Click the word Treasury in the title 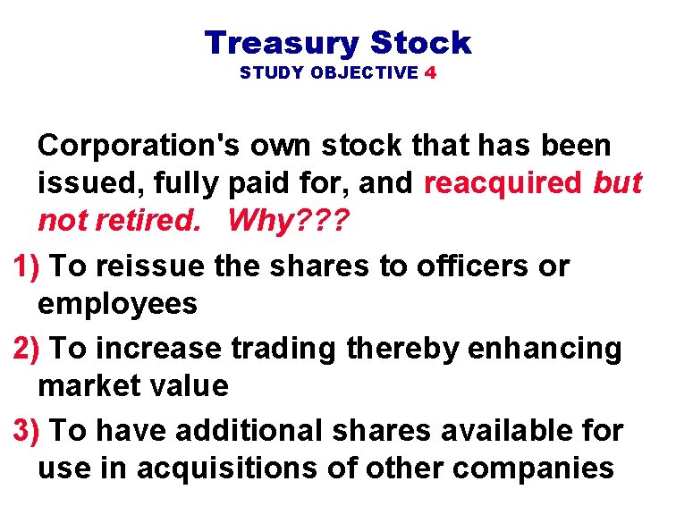point(282,43)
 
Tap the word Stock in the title point(419,43)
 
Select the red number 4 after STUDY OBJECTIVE point(431,73)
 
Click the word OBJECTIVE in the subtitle point(365,73)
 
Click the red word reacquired point(503,182)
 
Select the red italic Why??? point(289,221)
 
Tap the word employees point(117,304)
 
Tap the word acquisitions point(229,469)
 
